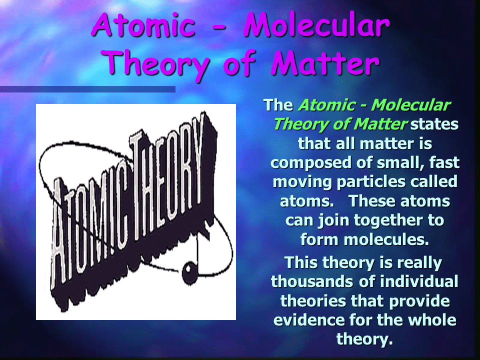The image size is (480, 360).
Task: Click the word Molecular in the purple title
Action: coord(316,26)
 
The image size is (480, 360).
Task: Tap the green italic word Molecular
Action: coord(410,105)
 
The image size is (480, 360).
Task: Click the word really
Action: coord(417,263)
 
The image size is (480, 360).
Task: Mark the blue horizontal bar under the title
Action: coord(87,89)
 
